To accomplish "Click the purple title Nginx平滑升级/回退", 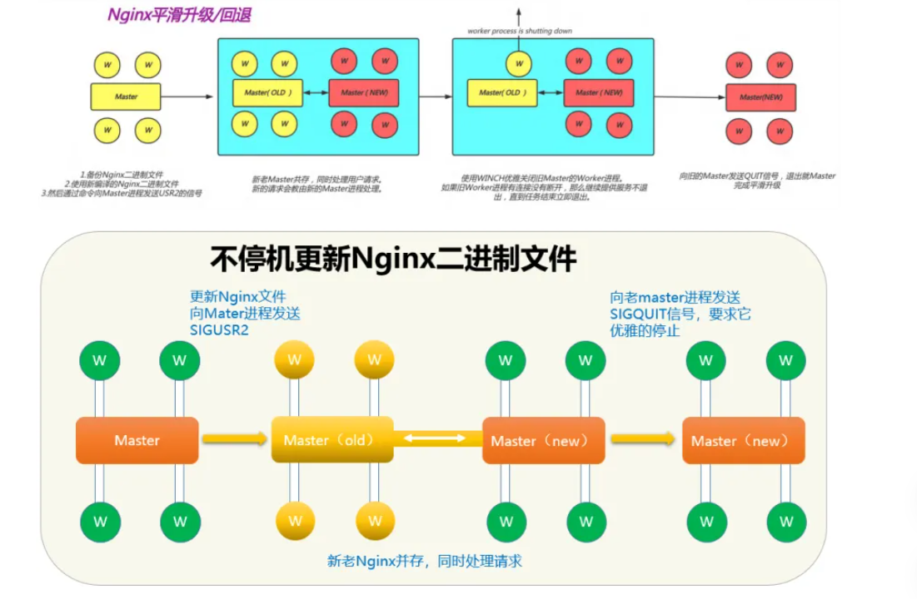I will (180, 15).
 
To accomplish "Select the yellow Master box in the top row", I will (126, 97).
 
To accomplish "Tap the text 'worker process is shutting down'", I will (519, 31).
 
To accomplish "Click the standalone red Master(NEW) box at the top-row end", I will (761, 97).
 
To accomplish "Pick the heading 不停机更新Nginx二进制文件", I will (393, 259).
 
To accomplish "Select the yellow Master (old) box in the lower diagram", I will (331, 440).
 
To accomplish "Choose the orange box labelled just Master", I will (137, 440).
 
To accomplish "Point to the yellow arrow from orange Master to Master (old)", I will (234, 438).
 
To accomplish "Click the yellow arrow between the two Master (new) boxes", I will (642, 438).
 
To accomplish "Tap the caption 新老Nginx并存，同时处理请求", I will (425, 561).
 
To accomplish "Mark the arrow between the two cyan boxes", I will (435, 97).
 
